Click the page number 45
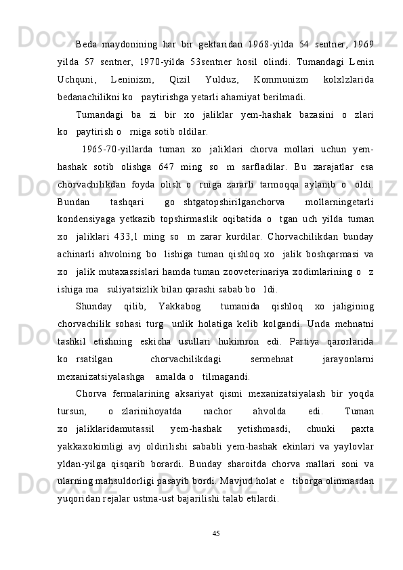[x=216, y=534]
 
